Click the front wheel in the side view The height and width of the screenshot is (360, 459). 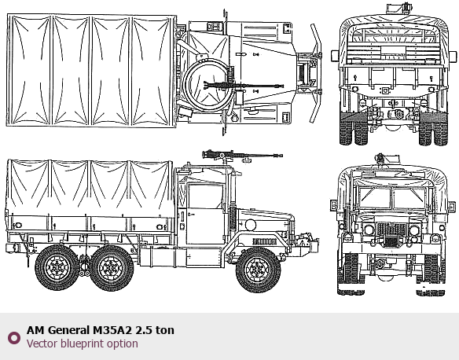click(258, 270)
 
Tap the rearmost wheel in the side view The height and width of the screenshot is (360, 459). click(57, 267)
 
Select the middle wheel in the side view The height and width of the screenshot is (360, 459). click(112, 268)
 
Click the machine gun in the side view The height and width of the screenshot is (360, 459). click(242, 155)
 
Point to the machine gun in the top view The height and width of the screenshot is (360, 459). click(244, 86)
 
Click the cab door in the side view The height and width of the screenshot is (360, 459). click(204, 214)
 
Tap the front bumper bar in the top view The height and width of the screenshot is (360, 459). click(316, 73)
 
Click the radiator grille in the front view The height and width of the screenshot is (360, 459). click(391, 230)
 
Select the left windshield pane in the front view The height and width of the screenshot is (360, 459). click(375, 198)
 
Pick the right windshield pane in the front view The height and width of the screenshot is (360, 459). click(409, 198)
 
